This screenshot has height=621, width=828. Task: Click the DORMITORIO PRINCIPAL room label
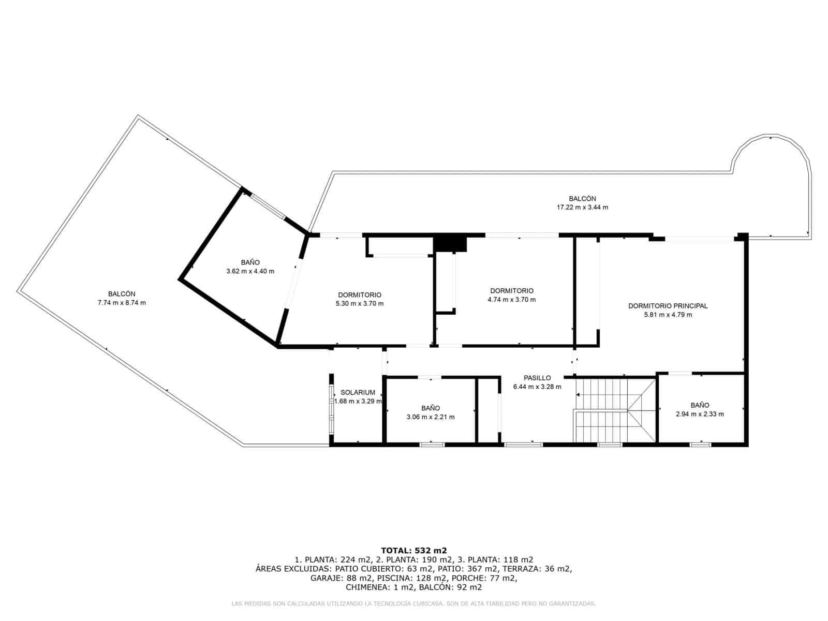[668, 306]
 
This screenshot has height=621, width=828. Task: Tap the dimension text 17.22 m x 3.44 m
[582, 207]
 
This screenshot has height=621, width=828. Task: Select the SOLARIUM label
[358, 392]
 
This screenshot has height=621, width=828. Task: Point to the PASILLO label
[537, 378]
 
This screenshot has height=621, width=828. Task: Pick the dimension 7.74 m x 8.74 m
[122, 303]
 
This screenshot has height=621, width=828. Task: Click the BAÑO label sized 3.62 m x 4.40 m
[250, 262]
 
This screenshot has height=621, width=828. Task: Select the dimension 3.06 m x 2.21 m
[431, 417]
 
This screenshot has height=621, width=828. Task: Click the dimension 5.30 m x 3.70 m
[360, 304]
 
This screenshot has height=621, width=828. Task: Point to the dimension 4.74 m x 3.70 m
[512, 300]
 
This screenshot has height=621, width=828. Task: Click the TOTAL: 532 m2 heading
[413, 550]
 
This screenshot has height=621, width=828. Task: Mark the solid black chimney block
[450, 243]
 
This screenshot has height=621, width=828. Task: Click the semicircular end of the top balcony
[773, 171]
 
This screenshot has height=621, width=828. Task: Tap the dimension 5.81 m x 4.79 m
[668, 315]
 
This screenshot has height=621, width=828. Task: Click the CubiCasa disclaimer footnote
[413, 603]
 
